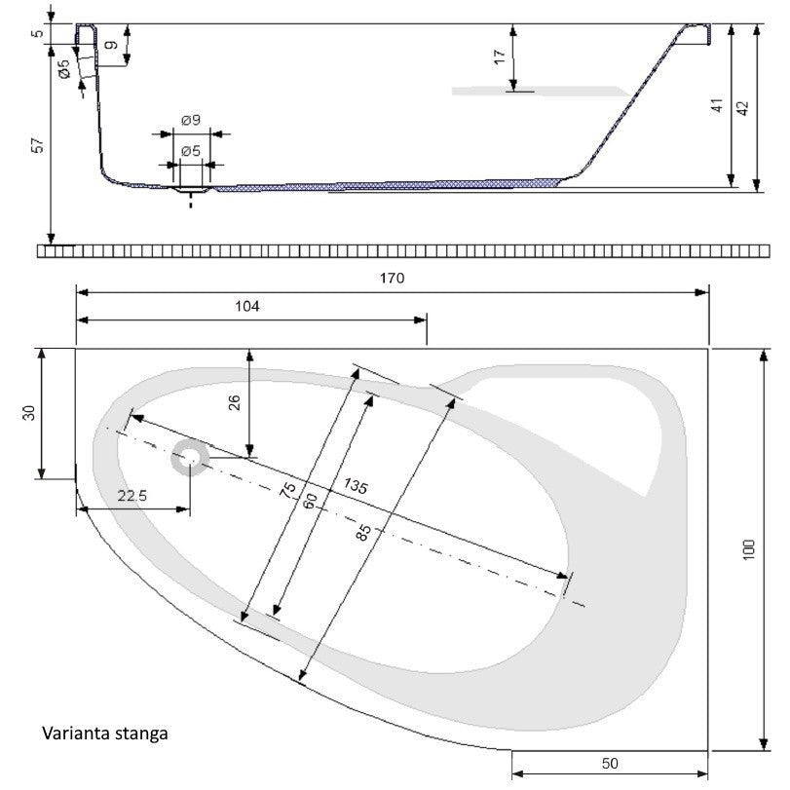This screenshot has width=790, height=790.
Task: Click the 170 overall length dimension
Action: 392,278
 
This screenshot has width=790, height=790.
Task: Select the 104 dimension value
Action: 247,306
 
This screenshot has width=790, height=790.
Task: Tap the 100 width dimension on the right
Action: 749,549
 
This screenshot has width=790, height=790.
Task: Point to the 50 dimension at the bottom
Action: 610,764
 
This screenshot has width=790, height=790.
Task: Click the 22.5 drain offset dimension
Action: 132,496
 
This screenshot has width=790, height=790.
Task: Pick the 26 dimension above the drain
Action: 235,402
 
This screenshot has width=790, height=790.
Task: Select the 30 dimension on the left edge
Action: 30,413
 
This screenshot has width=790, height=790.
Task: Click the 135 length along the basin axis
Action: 356,486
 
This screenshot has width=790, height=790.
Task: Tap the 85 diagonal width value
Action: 363,532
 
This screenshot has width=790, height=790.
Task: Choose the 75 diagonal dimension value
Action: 288,490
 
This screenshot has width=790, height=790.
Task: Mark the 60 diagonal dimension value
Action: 311,501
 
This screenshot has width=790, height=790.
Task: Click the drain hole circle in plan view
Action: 190,458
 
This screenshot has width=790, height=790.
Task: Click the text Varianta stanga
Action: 105,734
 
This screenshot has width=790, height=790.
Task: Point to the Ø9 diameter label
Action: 191,120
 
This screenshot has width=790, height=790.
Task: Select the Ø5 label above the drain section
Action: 191,151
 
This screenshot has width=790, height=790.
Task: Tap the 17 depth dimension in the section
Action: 500,56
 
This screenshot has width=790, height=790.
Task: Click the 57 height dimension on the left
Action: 38,145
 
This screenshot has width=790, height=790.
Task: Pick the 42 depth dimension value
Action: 743,108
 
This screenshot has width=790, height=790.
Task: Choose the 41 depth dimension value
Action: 717,105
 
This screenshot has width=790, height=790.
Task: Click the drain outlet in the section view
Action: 191,189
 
